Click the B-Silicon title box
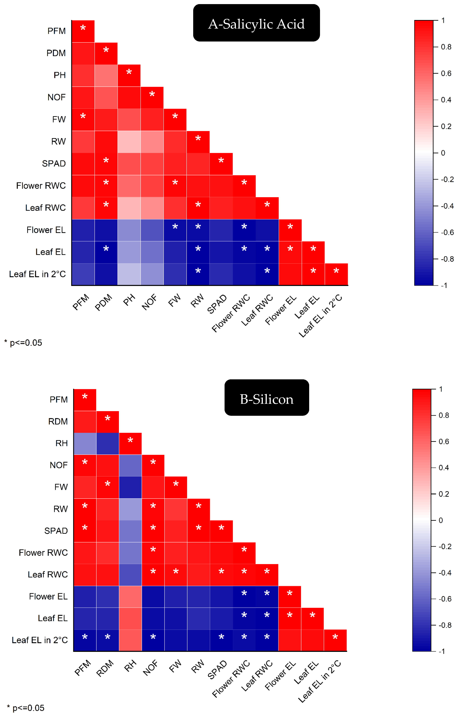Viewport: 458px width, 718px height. (267, 397)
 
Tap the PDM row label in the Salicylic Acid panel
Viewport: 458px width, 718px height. (56, 53)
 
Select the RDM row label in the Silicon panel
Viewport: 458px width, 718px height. (58, 421)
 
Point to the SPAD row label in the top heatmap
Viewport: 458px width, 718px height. (54, 163)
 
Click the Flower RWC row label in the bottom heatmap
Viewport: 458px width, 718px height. (43, 552)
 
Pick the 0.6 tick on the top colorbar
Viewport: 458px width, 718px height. (446, 73)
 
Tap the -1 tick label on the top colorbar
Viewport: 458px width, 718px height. (444, 285)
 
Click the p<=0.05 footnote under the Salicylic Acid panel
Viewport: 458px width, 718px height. (23, 343)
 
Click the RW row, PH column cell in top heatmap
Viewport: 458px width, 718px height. (129, 142)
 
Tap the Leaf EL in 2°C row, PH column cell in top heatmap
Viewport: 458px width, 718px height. (129, 274)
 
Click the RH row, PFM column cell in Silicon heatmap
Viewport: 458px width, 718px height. (85, 444)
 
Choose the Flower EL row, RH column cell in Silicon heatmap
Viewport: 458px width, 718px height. (130, 597)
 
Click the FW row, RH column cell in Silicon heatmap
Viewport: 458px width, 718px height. (130, 487)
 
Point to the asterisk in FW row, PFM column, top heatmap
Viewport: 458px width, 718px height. (83, 116)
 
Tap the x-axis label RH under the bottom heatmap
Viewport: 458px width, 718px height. (130, 666)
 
